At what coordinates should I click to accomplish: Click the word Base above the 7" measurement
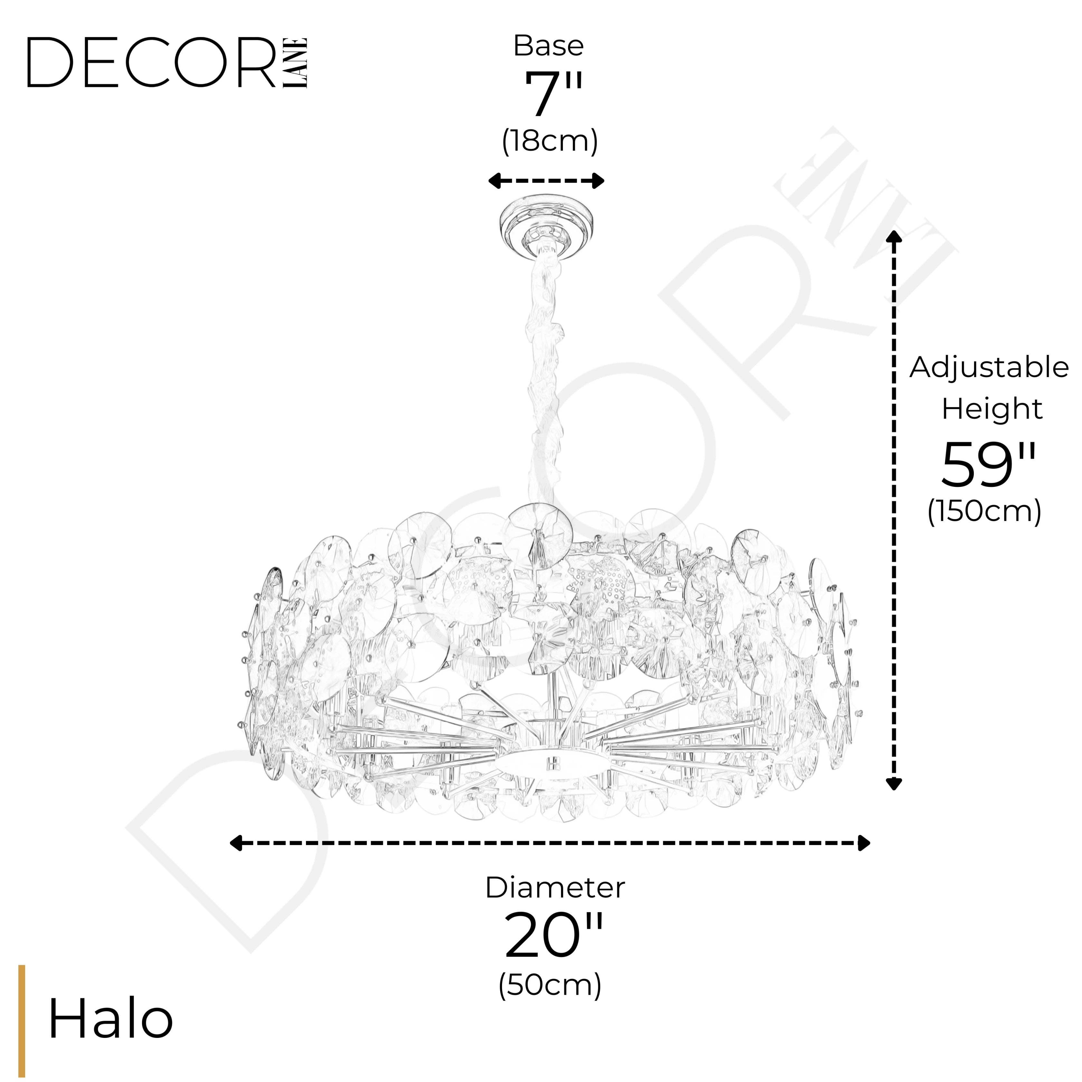pos(548,46)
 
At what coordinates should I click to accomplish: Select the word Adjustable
pos(989,368)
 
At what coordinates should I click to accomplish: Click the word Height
pos(991,409)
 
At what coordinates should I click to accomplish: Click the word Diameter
pos(555,888)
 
